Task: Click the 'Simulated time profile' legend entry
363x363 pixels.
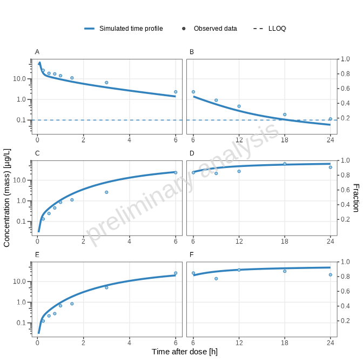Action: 131,29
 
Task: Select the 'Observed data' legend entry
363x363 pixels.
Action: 215,29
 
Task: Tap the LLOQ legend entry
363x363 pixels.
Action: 277,29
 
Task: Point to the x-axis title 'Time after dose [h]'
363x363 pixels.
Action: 184,352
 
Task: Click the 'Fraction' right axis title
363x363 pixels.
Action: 355,197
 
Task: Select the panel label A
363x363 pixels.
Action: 37,52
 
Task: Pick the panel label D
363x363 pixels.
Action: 192,153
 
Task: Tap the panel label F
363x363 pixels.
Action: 192,255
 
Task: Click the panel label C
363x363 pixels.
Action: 37,153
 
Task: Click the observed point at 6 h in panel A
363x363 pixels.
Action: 176,92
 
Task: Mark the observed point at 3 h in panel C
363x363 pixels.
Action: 106,192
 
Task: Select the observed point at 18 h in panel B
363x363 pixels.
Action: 285,115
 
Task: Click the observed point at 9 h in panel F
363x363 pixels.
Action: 216,279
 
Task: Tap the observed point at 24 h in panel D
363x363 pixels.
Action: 331,167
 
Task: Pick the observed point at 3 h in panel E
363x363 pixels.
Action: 106,287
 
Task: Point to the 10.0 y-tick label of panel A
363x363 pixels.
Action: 19,79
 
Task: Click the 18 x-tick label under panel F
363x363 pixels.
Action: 285,342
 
